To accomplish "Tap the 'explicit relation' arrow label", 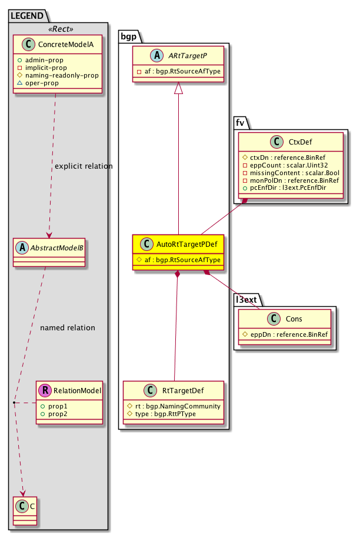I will pos(84,166).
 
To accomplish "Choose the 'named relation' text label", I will pos(68,327).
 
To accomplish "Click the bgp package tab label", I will pos(128,36).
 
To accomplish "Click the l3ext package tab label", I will pos(246,299).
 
